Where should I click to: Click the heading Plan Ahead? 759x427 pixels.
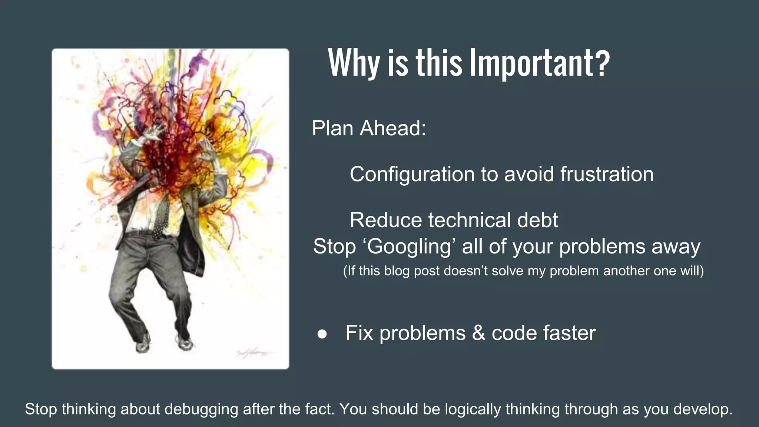click(x=369, y=128)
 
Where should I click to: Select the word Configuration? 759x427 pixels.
click(x=412, y=174)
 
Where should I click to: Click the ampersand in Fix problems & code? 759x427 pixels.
click(x=478, y=333)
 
